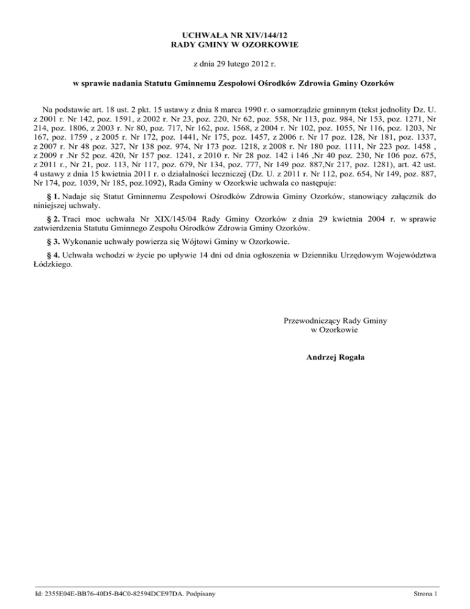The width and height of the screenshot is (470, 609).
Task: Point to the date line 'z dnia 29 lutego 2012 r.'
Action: click(235, 63)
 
